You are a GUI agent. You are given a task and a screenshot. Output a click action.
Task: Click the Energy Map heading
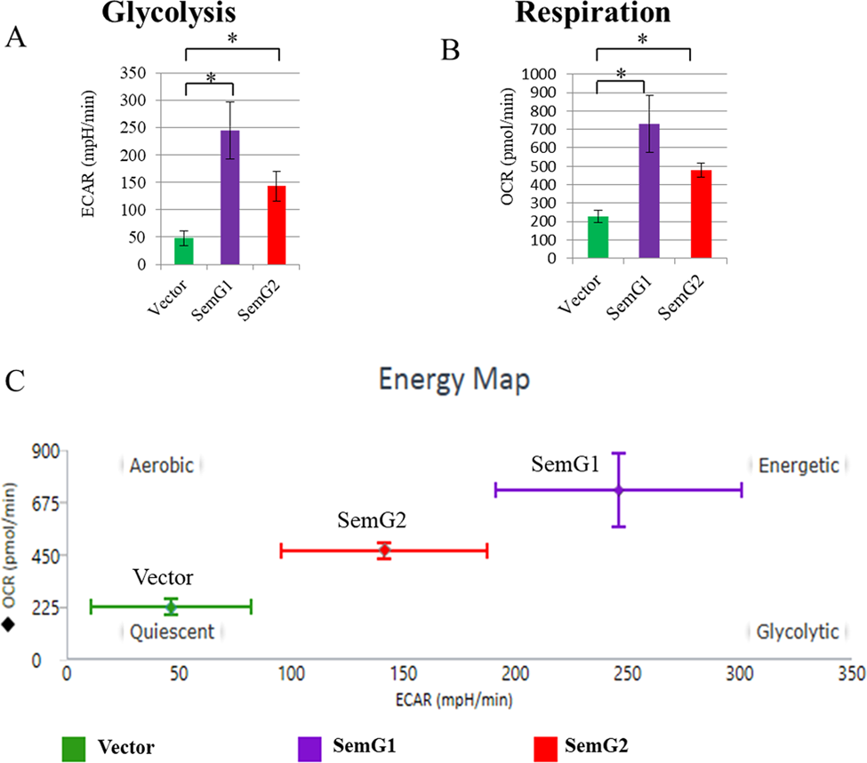coord(454,380)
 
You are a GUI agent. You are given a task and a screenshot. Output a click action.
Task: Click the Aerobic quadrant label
coord(161,465)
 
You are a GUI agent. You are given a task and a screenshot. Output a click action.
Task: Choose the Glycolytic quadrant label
coord(797,631)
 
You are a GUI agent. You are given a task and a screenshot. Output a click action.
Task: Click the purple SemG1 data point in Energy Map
coord(619,490)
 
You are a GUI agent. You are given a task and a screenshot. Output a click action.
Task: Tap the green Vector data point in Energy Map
coord(171,606)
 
